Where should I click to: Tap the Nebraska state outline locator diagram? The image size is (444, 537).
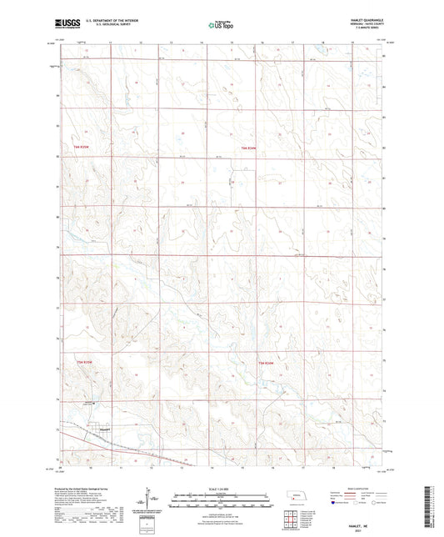(296, 495)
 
